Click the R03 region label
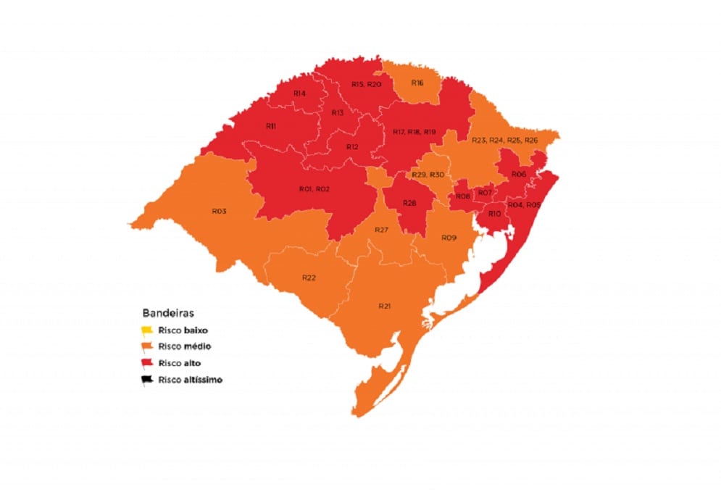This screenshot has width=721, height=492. point(220,211)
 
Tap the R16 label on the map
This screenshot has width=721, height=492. point(417,83)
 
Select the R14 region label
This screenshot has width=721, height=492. point(299,93)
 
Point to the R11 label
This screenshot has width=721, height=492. point(270,126)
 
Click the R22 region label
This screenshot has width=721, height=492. point(309,278)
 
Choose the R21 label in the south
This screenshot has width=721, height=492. point(385,307)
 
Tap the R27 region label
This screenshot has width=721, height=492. point(382,230)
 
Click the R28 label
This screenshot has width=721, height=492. point(409,204)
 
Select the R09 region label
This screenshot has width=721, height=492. point(449,238)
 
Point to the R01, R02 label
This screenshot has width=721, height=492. point(314,189)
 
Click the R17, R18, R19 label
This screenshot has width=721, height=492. point(414,132)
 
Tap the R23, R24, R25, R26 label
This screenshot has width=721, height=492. point(504,140)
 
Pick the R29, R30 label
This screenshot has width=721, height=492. point(428,175)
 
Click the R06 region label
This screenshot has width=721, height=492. point(518,175)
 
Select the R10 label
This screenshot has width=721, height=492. point(495,214)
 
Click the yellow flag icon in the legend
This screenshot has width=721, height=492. point(147,330)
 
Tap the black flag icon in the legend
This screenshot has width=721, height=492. point(147,379)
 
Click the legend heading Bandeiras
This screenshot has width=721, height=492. point(164,314)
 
